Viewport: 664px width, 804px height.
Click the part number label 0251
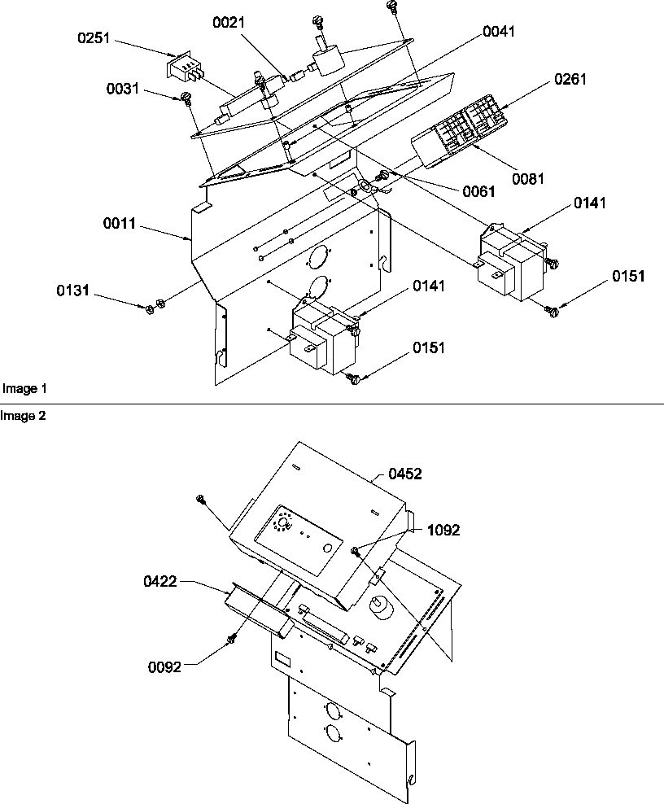(95, 37)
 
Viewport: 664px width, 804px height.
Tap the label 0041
(498, 31)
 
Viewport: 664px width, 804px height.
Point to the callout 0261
(570, 80)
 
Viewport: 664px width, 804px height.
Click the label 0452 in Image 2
(404, 474)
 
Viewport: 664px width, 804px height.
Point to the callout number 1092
(443, 530)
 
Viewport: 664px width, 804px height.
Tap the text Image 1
(20, 389)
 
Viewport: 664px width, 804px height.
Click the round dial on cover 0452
(285, 522)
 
